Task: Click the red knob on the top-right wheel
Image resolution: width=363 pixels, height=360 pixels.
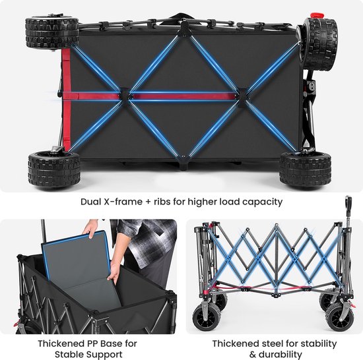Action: [x=317, y=15]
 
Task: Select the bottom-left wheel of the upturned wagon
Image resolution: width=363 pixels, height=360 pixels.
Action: [x=54, y=169]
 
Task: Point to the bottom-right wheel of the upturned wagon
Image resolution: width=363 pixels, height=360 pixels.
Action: [x=306, y=170]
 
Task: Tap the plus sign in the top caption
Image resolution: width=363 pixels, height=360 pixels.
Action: [x=148, y=202]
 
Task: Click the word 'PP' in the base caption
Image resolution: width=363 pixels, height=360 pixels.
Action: [x=94, y=344]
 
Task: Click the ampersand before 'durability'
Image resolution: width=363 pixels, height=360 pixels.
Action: [x=253, y=355]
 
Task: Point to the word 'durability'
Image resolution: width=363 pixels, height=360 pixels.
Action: [x=280, y=355]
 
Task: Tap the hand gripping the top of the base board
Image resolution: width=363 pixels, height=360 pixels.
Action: [x=91, y=227]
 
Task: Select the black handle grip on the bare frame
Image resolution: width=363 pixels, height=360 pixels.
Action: [x=348, y=204]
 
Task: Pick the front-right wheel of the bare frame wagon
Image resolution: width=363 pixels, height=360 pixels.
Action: [x=340, y=316]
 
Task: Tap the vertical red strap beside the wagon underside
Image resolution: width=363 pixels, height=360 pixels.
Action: [x=66, y=100]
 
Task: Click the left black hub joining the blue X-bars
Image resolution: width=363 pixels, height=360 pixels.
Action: [x=125, y=95]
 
